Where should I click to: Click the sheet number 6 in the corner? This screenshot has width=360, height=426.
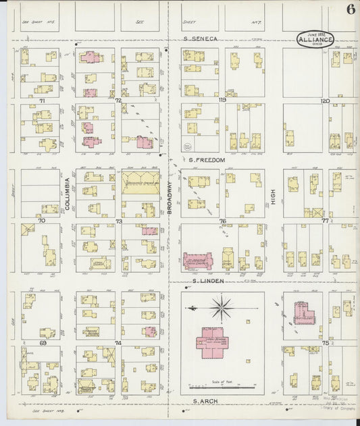pyautogui.click(x=350, y=9)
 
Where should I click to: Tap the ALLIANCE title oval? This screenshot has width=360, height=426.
pyautogui.click(x=315, y=39)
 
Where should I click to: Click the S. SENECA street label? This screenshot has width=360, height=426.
pyautogui.click(x=201, y=39)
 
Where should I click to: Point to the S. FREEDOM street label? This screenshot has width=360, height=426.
pyautogui.click(x=207, y=160)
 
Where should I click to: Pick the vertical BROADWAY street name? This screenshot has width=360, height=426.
pyautogui.click(x=170, y=201)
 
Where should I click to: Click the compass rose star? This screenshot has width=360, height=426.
pyautogui.click(x=221, y=309)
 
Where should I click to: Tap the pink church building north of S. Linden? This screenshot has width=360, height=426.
pyautogui.click(x=199, y=260)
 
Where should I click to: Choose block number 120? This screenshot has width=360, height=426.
pyautogui.click(x=324, y=100)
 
